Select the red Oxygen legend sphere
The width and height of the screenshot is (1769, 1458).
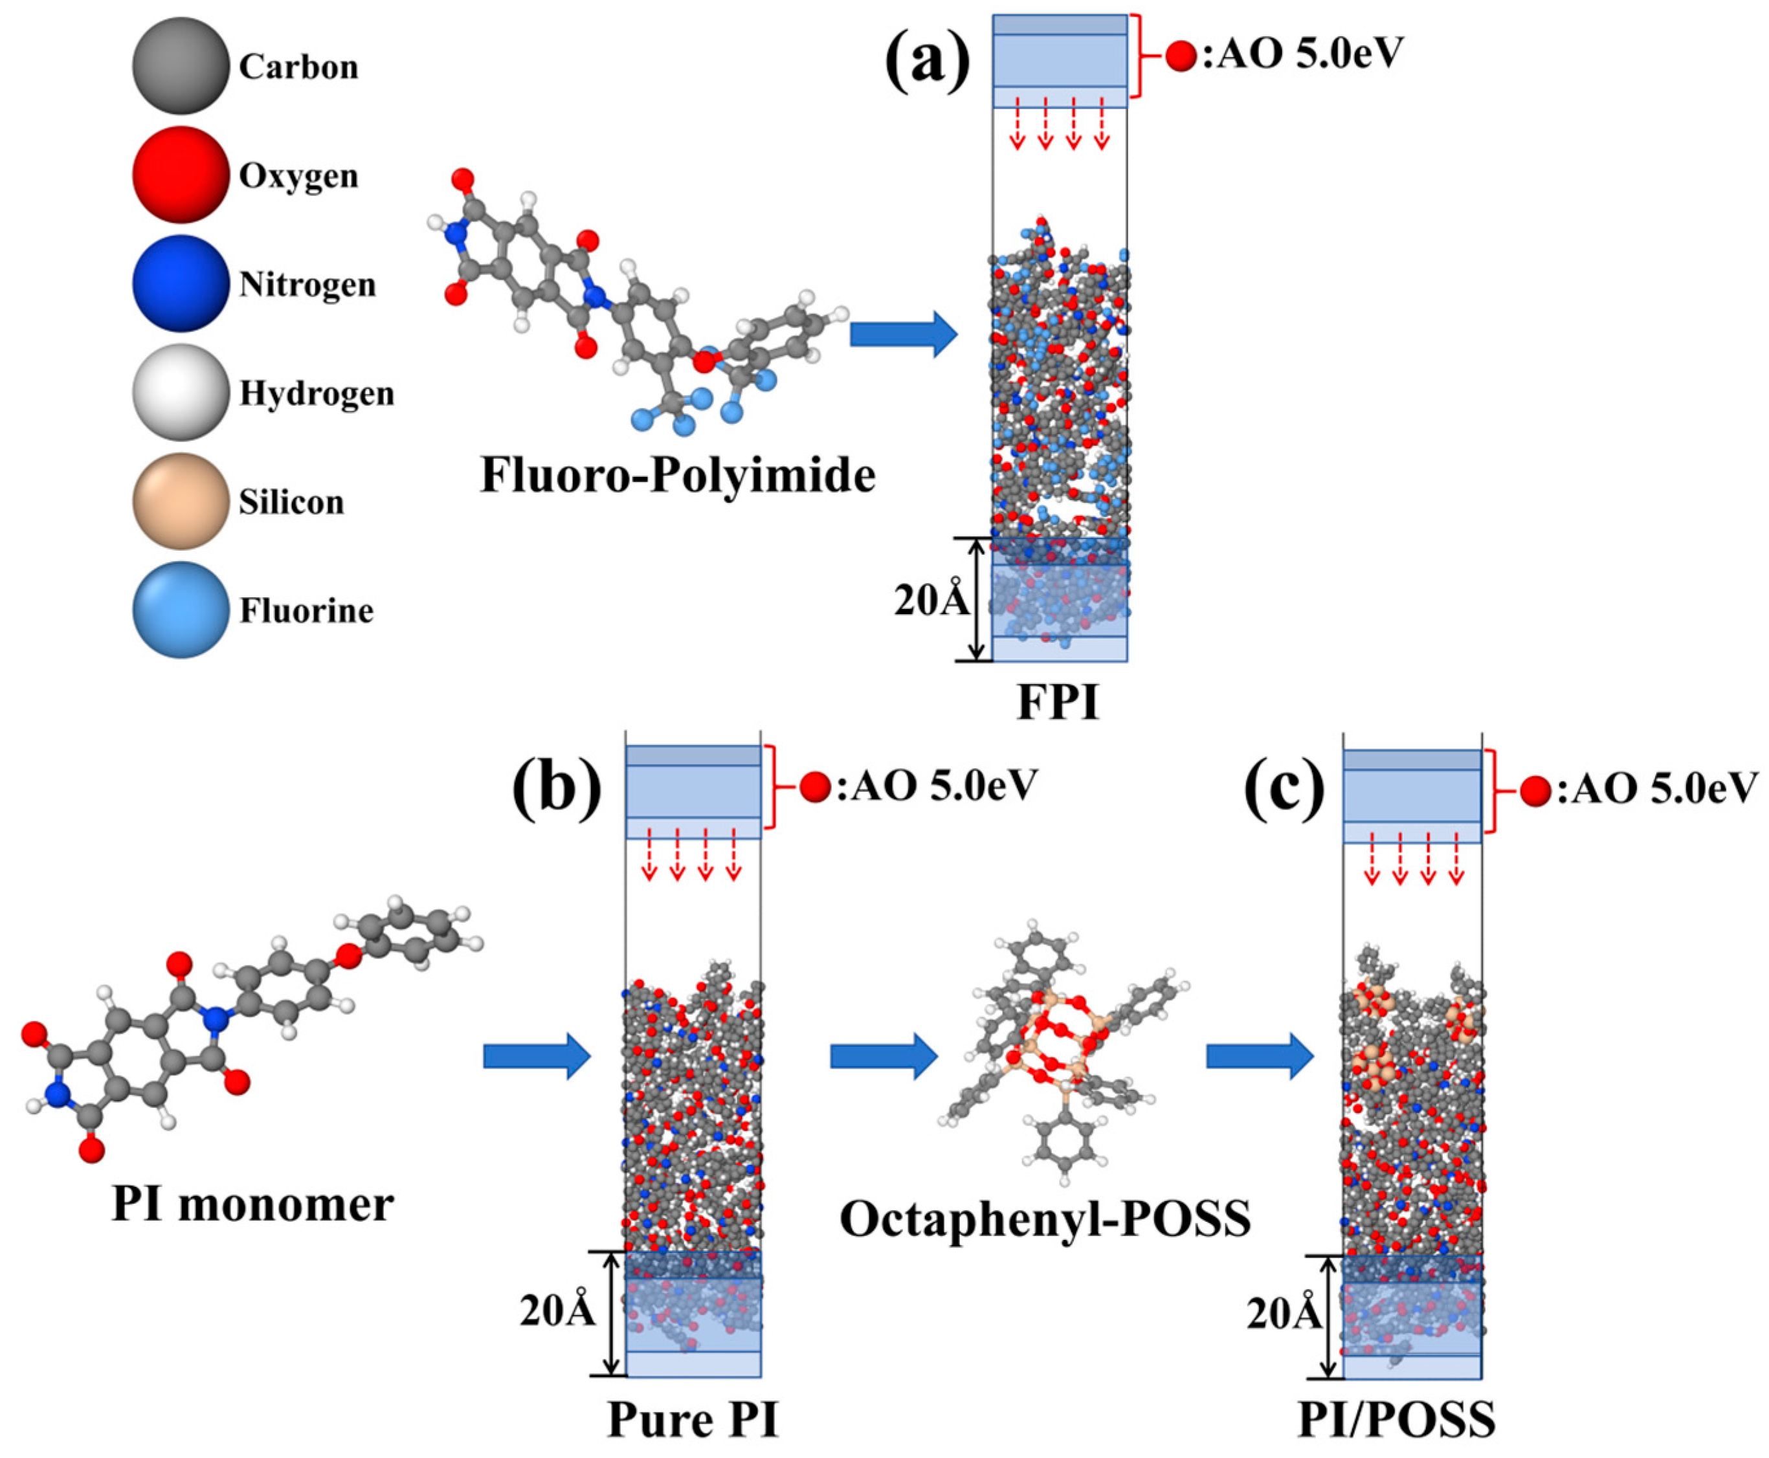tap(181, 175)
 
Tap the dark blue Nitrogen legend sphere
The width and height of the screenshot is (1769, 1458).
tap(181, 284)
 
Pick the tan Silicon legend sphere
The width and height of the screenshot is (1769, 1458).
tap(181, 502)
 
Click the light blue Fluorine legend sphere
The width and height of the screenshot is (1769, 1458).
tap(181, 610)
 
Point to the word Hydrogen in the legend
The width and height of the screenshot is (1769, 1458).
tap(317, 393)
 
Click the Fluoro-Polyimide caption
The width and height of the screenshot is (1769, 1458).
tap(677, 476)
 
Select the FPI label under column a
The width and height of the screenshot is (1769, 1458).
tap(1058, 702)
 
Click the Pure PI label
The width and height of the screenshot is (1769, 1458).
tap(693, 1419)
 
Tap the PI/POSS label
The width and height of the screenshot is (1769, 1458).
tap(1396, 1419)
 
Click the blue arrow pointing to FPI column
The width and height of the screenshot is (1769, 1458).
tap(903, 335)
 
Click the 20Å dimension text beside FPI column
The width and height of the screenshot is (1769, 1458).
tap(931, 601)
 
